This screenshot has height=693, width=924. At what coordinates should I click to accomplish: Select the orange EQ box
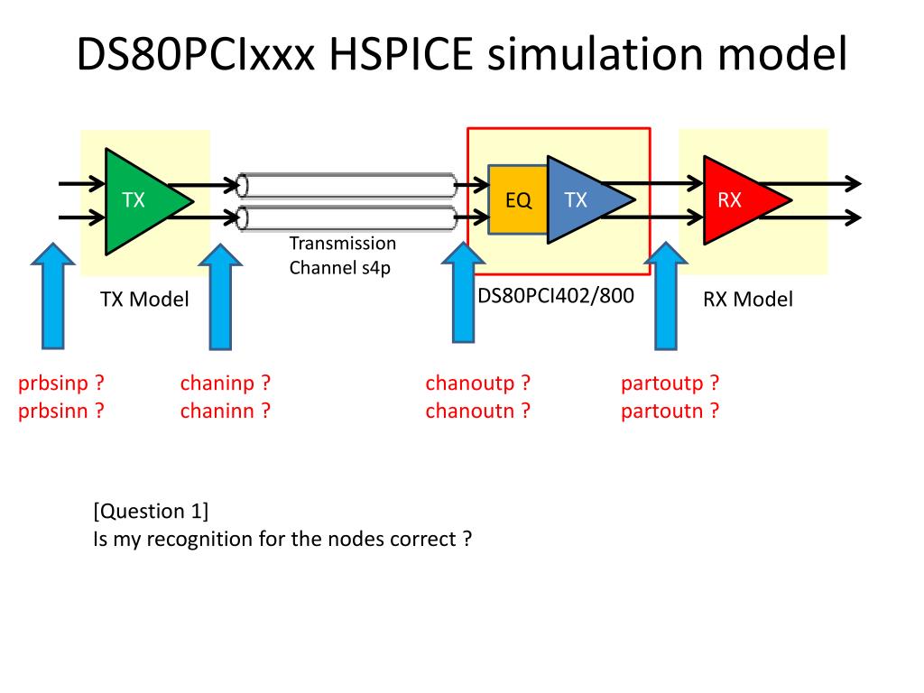(x=518, y=199)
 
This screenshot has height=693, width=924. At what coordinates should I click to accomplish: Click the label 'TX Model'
(x=144, y=300)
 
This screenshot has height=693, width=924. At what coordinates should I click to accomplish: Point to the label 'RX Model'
(x=748, y=300)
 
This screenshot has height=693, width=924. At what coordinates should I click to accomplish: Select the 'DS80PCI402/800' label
(x=556, y=295)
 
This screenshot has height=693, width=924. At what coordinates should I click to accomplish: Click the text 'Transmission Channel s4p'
(x=342, y=255)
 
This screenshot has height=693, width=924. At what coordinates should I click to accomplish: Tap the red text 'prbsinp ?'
(x=61, y=383)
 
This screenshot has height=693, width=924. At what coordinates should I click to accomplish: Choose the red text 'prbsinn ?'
(x=61, y=411)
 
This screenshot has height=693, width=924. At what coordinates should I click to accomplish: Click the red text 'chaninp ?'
(x=225, y=383)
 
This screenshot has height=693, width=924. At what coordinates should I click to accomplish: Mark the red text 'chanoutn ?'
(x=478, y=411)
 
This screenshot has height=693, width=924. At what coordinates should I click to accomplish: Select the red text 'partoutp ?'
(x=670, y=383)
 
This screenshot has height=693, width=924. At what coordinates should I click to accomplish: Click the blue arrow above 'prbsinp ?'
(x=53, y=295)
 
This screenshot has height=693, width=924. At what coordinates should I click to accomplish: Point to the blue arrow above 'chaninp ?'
(x=220, y=296)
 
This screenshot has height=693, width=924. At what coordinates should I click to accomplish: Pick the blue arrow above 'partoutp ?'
(x=666, y=295)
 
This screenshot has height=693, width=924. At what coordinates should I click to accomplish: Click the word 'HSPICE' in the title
(x=401, y=53)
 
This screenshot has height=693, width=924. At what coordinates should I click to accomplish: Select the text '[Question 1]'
(x=151, y=511)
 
